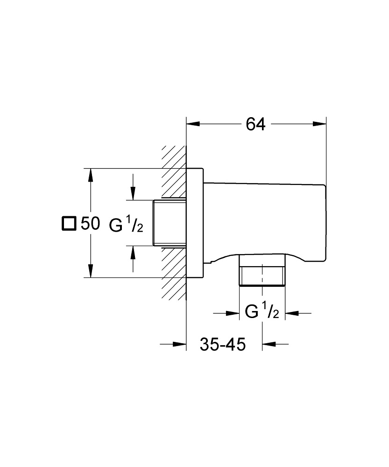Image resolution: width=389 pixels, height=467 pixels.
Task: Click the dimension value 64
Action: tap(255, 124)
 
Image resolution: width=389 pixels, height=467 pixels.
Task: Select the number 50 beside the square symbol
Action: tap(90, 224)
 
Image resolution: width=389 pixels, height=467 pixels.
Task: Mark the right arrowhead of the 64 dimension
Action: tap(319, 124)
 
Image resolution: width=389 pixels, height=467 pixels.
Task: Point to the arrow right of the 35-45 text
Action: tap(269, 345)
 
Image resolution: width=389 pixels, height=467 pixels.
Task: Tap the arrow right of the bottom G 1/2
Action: tap(292, 313)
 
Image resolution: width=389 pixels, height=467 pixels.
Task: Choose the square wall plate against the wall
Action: tap(195, 223)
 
